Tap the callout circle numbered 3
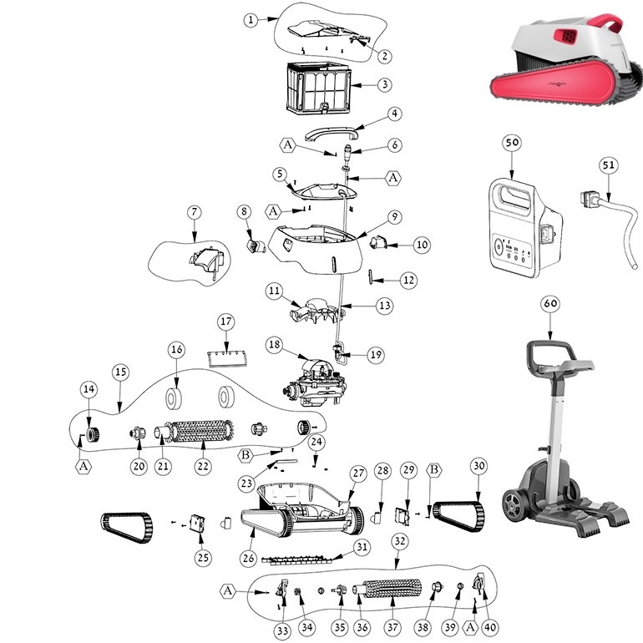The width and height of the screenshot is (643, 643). click(383, 84)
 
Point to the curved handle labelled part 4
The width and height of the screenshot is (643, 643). click(332, 131)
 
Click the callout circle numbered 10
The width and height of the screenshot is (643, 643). click(422, 245)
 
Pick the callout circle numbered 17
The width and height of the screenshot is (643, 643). click(225, 322)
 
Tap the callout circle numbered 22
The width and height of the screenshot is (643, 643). click(202, 466)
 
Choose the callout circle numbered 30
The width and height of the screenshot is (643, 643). click(478, 465)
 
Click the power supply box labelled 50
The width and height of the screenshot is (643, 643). click(516, 224)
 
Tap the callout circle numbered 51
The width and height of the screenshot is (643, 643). click(609, 165)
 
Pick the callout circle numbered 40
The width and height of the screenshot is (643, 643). click(489, 626)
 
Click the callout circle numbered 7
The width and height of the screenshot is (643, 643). click(194, 213)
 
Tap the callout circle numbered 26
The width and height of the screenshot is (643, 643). click(248, 556)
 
